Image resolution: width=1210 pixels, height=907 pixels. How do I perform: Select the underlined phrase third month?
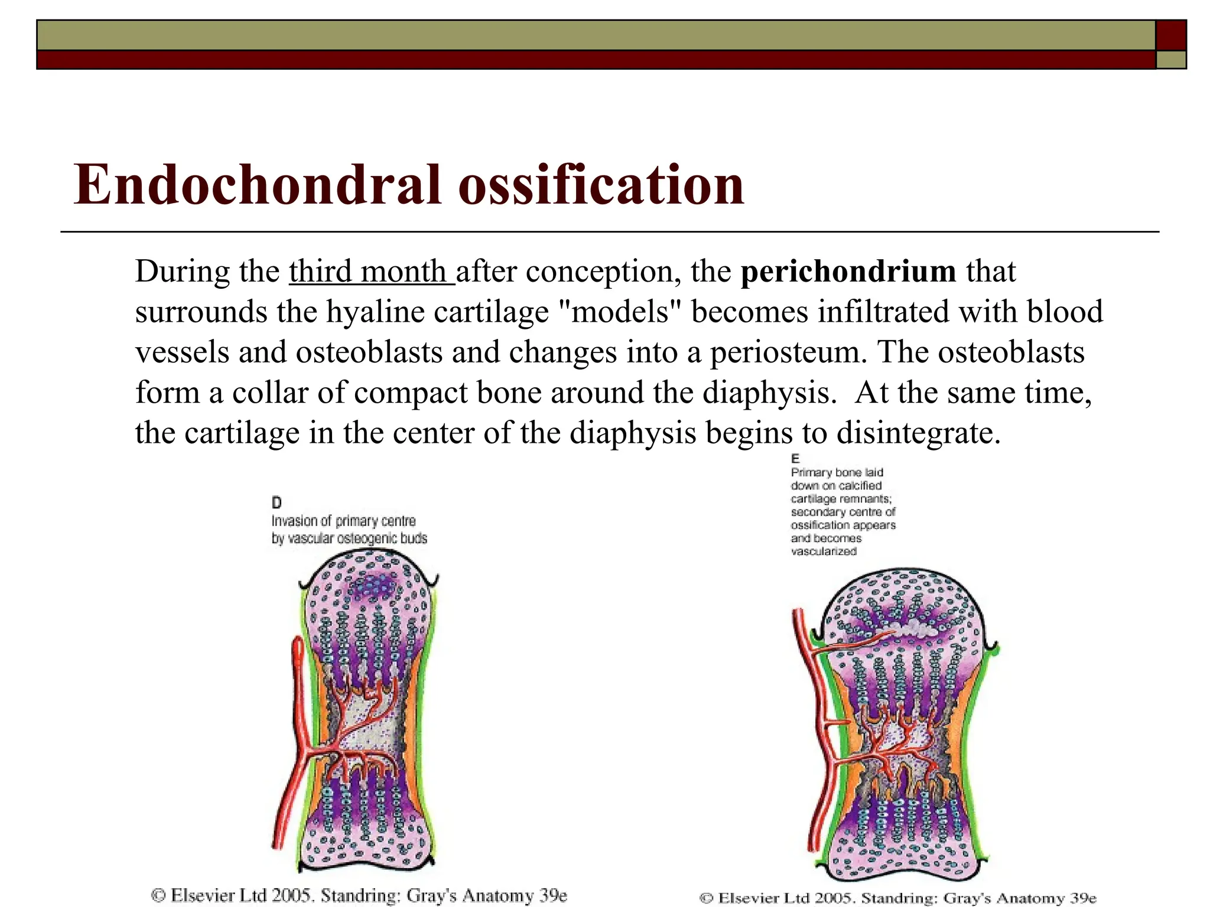(x=370, y=272)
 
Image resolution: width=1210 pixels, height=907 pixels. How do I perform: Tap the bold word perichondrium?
(x=848, y=272)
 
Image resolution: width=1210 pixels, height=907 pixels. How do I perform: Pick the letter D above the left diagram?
(x=277, y=503)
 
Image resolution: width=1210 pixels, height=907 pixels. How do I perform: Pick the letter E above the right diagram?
(x=795, y=459)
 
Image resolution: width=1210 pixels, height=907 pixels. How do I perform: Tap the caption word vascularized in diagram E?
(x=824, y=552)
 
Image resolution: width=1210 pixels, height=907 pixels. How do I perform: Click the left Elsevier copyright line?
(x=359, y=895)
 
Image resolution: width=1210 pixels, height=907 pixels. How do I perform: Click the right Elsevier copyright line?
(x=898, y=898)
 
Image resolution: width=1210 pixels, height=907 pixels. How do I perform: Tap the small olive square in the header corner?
(x=1171, y=60)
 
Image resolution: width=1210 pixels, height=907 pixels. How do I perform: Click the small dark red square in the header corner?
(x=1171, y=35)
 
